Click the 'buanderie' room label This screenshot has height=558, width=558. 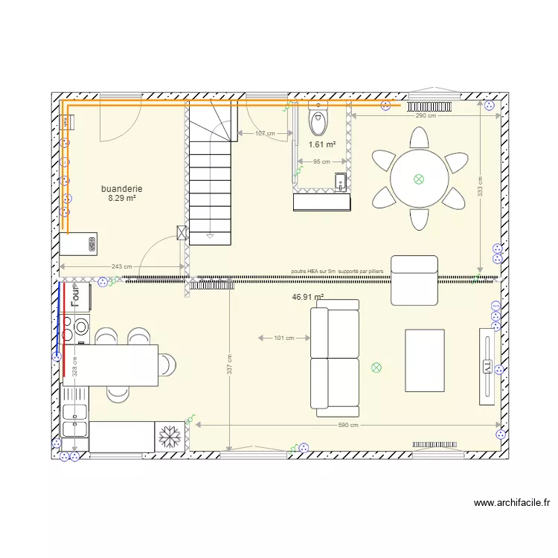pos(122,189)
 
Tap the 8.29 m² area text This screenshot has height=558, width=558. pos(122,198)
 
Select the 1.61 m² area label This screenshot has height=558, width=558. pos(322,145)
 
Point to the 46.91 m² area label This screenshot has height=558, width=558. pos(308,297)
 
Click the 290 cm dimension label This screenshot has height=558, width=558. pos(426,116)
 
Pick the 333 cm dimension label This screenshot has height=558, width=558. pos(480,190)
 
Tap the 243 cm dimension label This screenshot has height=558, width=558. pos(122,267)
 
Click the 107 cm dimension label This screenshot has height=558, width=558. pos(265,134)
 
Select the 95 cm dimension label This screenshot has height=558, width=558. pos(321,162)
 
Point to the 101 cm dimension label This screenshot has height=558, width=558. pos(284,339)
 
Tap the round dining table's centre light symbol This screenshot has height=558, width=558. pos(419,179)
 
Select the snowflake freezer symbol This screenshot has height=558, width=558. pos(170,436)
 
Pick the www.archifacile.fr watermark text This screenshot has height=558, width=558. pos(512,503)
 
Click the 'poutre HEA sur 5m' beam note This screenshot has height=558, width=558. pos(338,272)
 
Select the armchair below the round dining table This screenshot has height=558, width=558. pos(414,280)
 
